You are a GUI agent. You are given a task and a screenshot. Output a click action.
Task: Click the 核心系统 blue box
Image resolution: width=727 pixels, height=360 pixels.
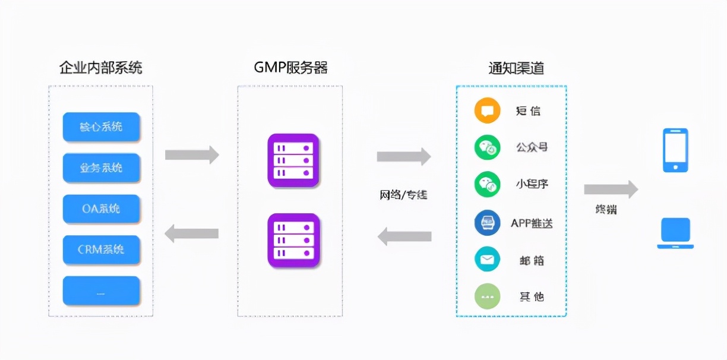click(101, 127)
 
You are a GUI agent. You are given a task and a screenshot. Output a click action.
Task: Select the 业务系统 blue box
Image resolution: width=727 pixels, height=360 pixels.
click(101, 168)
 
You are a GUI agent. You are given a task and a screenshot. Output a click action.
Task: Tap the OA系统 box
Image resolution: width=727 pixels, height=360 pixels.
click(101, 209)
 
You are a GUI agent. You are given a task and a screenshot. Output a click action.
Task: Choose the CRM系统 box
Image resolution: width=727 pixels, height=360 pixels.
click(101, 250)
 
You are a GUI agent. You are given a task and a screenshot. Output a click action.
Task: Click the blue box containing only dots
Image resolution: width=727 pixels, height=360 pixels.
click(101, 290)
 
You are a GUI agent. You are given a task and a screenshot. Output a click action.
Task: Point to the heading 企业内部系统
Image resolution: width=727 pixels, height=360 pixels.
click(100, 68)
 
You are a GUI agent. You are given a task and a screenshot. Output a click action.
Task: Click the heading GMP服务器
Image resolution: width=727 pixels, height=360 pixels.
click(290, 68)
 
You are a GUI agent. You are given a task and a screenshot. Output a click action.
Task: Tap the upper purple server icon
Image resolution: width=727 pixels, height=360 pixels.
click(293, 160)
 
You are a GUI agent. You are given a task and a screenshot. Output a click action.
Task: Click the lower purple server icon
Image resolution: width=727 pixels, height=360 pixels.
click(293, 240)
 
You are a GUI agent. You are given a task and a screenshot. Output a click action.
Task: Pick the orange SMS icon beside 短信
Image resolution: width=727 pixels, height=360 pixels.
click(488, 111)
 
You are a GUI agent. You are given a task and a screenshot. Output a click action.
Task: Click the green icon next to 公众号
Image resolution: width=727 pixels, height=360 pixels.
click(488, 147)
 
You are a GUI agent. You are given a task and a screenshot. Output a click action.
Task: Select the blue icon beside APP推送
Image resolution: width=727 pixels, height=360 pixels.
click(488, 223)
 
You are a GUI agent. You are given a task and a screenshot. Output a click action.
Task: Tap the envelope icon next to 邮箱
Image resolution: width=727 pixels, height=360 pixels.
click(488, 260)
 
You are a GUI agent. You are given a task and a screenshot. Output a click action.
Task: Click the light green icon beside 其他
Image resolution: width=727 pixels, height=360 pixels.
click(488, 296)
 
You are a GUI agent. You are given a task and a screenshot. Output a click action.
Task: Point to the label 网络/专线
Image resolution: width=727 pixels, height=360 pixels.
click(403, 195)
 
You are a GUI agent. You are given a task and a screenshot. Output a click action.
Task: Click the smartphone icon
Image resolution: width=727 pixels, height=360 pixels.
click(675, 150)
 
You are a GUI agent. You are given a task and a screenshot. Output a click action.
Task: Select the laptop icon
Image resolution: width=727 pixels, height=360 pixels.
click(675, 233)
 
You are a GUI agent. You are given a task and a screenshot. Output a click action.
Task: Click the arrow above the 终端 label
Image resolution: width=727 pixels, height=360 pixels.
click(610, 190)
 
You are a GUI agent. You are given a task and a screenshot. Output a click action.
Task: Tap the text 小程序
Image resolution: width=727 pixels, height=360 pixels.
click(532, 184)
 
